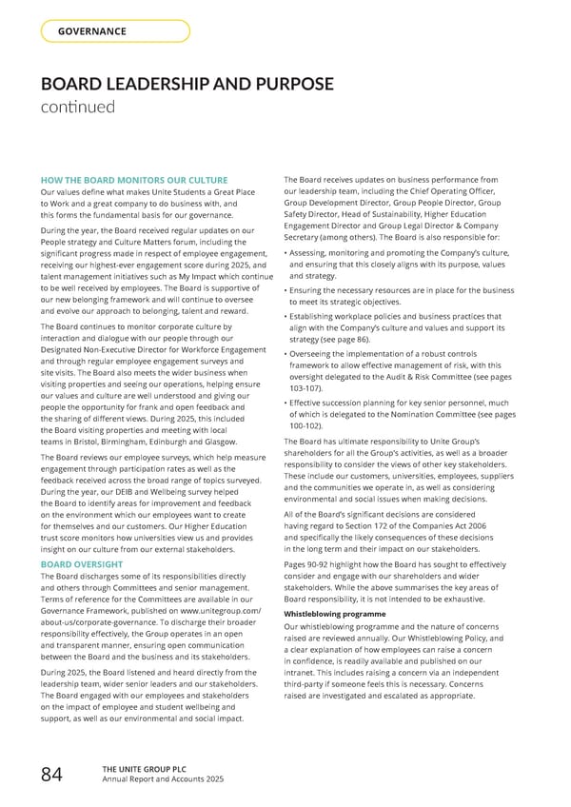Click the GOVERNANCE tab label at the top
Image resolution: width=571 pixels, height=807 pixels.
[x=92, y=31]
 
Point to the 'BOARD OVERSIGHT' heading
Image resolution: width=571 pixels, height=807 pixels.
[x=82, y=564]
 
